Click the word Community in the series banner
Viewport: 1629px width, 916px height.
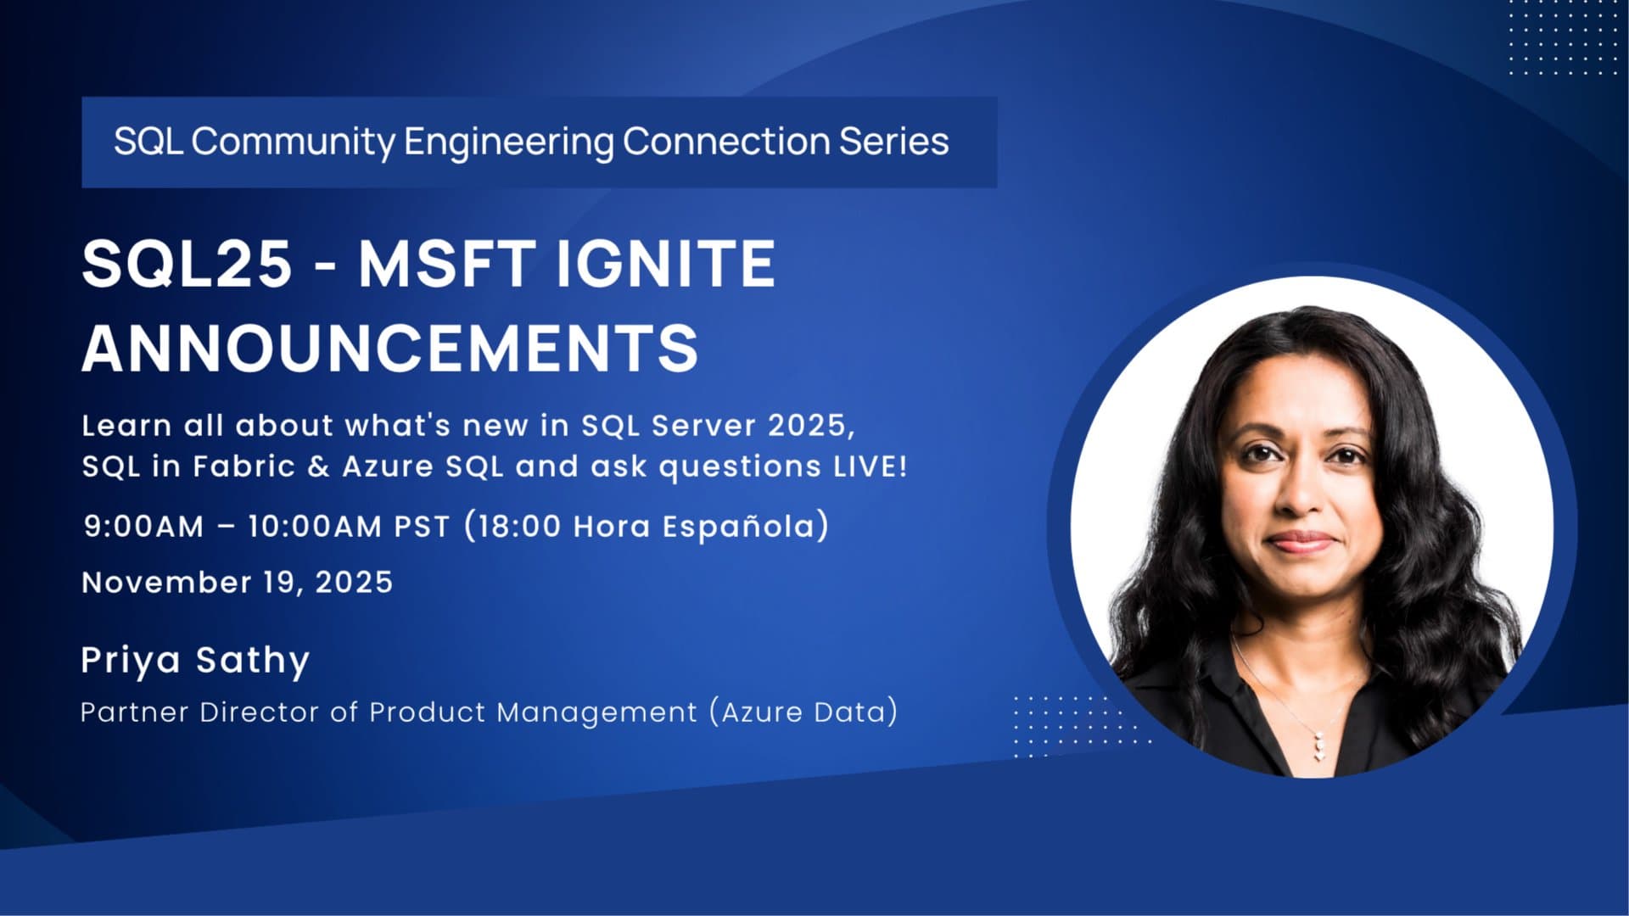tap(293, 142)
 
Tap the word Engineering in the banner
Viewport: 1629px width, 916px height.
tap(508, 142)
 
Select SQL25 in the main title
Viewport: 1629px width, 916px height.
tap(187, 264)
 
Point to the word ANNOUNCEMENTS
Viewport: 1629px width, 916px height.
tap(390, 348)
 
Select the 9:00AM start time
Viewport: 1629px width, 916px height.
tap(144, 527)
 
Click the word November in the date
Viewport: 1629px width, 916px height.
tap(166, 583)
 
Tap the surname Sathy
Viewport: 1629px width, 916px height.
tap(253, 661)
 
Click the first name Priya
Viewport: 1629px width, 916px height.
tap(131, 661)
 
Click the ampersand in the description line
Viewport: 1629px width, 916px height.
tap(319, 466)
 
